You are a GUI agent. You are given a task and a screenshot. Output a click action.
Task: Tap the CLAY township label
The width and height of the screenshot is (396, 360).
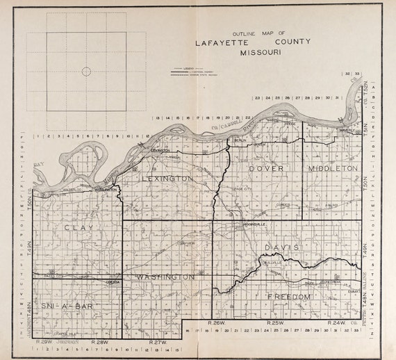(78, 228)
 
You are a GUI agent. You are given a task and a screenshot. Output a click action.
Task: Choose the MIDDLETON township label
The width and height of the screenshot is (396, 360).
(331, 169)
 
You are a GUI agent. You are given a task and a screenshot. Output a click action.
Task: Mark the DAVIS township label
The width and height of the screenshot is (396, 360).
(281, 247)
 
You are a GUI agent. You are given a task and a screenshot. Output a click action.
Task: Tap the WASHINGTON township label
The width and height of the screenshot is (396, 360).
(165, 277)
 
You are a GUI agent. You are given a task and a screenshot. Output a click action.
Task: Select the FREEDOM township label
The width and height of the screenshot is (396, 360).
(287, 297)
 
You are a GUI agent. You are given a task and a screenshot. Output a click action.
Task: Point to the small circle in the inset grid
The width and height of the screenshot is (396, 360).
(86, 71)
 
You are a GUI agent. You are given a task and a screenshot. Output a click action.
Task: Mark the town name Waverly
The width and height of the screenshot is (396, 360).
(343, 129)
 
